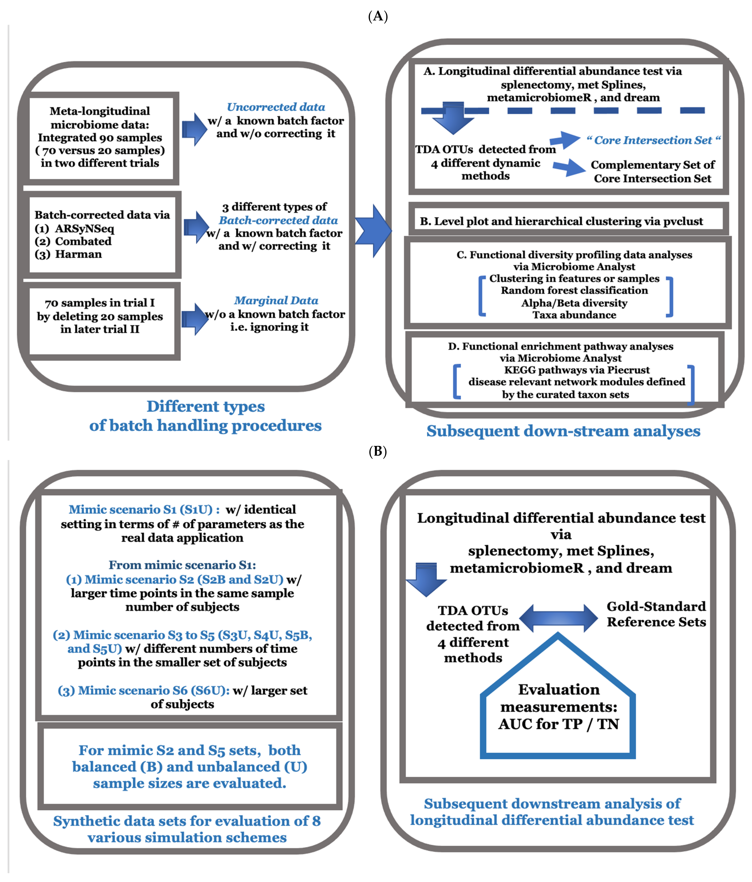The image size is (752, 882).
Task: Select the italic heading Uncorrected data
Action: [276, 107]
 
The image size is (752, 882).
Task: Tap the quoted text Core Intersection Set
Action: [653, 140]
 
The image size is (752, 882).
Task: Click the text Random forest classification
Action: [574, 290]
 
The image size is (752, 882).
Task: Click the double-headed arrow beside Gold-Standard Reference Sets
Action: [558, 618]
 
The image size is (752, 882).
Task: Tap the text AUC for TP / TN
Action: [558, 724]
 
